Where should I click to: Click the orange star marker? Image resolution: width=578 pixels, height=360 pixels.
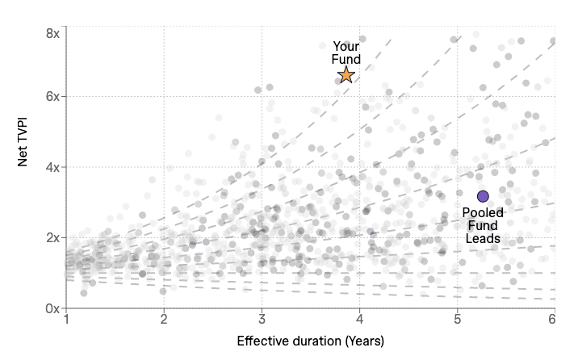coord(346,75)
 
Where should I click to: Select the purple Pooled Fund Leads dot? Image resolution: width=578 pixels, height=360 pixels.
coord(483,196)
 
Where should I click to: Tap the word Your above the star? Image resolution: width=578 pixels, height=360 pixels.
coord(346,47)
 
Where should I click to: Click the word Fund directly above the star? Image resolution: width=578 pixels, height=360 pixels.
coord(346,59)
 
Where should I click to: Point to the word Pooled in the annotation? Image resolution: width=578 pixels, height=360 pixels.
coord(483,213)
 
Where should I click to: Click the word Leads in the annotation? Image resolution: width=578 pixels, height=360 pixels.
coord(483,239)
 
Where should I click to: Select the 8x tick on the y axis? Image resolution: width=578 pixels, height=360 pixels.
coord(52,34)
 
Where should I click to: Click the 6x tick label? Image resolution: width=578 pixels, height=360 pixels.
coord(52,96)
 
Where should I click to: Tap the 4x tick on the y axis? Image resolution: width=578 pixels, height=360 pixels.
coord(52,167)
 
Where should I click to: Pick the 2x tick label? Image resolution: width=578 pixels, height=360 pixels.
coord(52,237)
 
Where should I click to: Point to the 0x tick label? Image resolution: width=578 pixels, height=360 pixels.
coord(52,308)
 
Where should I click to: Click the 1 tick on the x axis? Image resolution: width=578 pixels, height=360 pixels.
coord(66,320)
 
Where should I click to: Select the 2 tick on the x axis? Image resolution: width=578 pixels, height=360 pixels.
coord(164,320)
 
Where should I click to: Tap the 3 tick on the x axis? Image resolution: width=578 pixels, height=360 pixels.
coord(262,320)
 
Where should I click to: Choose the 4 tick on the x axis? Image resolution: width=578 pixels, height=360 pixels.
coord(359,320)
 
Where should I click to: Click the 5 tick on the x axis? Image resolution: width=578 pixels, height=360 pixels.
coord(457,320)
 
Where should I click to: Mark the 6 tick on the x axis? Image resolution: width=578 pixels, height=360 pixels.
coord(554,320)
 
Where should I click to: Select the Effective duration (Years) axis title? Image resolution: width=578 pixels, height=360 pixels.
coord(310,341)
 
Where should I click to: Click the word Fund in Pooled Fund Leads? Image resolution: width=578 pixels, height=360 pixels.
coord(483,226)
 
